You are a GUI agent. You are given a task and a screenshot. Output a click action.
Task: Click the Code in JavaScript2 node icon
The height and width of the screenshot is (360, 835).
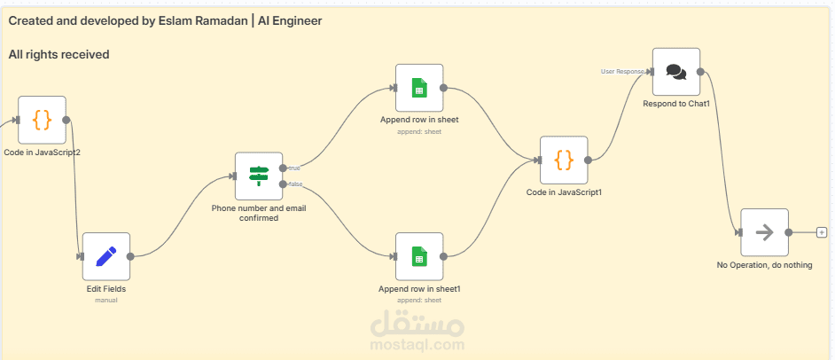[42, 120]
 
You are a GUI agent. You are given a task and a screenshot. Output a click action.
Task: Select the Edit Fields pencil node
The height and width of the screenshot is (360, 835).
[105, 256]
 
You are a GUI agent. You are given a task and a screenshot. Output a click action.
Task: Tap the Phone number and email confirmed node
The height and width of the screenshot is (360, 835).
[258, 176]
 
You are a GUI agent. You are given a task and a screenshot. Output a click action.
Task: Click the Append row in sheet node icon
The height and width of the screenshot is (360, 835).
[418, 88]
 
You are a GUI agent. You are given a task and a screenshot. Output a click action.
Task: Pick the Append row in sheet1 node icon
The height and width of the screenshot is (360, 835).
[418, 256]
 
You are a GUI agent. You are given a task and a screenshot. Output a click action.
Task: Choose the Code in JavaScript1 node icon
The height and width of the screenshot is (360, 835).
[563, 160]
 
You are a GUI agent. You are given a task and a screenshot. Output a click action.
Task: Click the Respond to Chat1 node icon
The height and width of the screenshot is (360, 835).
[675, 72]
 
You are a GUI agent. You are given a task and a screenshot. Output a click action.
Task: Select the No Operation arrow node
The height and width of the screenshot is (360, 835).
[763, 232]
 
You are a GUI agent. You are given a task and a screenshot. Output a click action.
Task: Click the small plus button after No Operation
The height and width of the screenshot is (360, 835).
[822, 232]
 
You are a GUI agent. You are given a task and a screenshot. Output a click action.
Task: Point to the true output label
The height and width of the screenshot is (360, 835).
[294, 168]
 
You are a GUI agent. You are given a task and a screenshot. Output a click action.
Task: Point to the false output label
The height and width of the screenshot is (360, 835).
[294, 184]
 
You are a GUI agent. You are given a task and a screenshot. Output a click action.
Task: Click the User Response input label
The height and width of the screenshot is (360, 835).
[622, 71]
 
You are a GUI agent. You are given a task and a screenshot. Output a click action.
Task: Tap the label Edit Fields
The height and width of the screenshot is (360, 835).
[105, 289]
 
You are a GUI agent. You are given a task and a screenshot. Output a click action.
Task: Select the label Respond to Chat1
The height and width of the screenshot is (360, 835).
[676, 104]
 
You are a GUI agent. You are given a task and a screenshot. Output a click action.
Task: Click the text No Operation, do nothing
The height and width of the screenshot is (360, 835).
[763, 265]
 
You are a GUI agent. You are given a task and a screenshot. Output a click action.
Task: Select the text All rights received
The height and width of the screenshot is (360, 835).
[59, 55]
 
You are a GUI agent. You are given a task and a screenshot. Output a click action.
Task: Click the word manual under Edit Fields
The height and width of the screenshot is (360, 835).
[105, 300]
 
